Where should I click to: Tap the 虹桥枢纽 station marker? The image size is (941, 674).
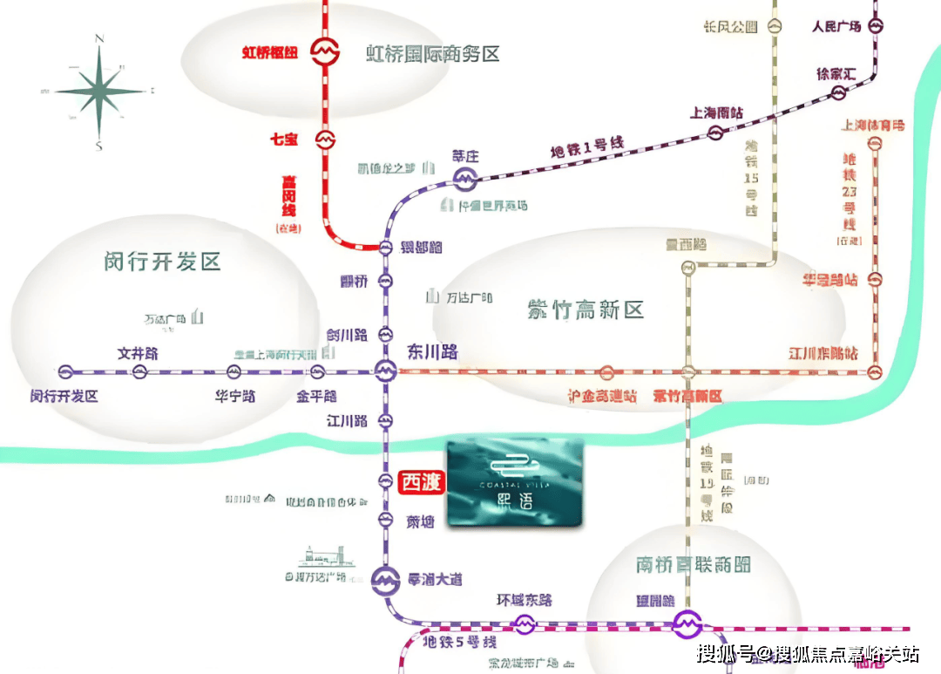(326, 52)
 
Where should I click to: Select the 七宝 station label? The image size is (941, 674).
(284, 138)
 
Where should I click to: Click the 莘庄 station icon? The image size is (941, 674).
(464, 180)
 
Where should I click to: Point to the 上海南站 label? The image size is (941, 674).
(717, 112)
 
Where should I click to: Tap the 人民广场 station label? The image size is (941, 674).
(836, 26)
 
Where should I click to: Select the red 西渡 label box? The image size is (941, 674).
(422, 481)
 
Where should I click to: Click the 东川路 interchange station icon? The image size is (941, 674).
(385, 372)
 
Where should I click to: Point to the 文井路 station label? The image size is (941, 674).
(139, 354)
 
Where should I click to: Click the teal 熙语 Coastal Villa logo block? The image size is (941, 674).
(514, 484)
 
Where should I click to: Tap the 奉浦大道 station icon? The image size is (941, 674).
(385, 580)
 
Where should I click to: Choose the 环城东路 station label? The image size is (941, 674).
(525, 601)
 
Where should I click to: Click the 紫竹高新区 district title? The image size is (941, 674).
(585, 309)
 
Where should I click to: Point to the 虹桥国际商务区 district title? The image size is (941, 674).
(432, 54)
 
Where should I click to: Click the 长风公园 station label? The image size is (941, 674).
(730, 27)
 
